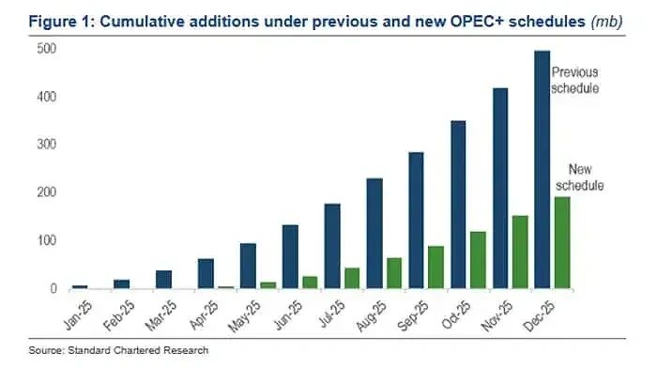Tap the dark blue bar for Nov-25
pyautogui.click(x=500, y=188)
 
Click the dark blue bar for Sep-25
pyautogui.click(x=416, y=220)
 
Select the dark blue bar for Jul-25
pyautogui.click(x=331, y=246)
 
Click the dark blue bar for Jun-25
pyautogui.click(x=290, y=256)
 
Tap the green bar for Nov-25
pyautogui.click(x=519, y=252)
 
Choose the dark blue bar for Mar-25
pyautogui.click(x=163, y=279)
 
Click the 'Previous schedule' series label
pyautogui.click(x=574, y=80)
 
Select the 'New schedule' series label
pyautogui.click(x=585, y=177)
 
